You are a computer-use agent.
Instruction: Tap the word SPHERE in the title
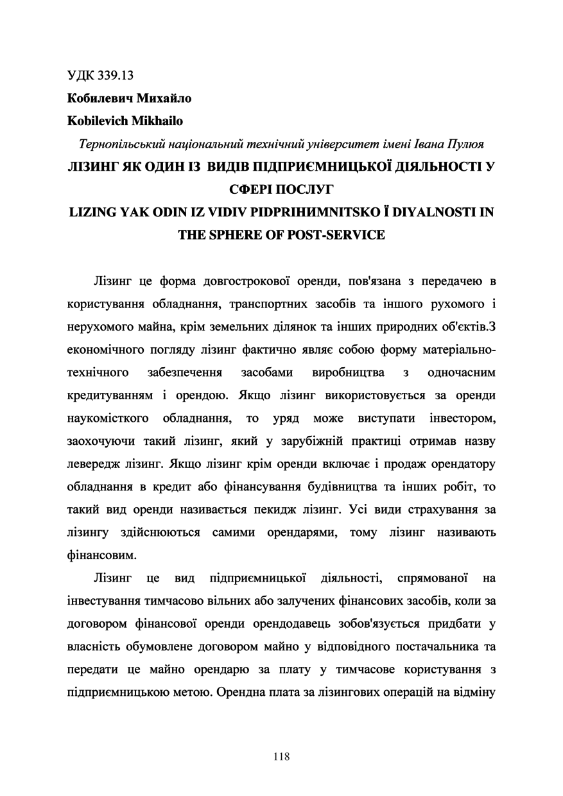[237, 234]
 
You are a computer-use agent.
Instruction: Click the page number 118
[281, 756]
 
